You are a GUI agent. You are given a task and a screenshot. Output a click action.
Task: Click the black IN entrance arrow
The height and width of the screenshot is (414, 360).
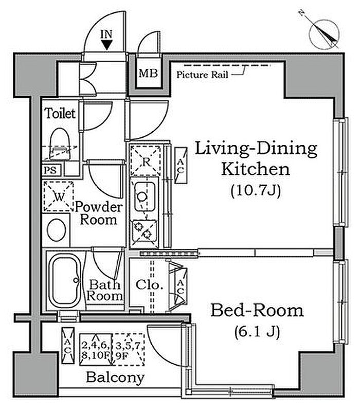(x=106, y=45)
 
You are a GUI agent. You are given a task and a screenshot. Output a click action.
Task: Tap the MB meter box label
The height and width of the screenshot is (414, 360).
(x=148, y=73)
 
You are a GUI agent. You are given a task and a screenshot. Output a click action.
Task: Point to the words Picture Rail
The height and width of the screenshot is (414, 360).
(x=202, y=75)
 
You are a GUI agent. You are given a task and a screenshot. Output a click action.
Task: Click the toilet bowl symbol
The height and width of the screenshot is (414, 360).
(x=60, y=144)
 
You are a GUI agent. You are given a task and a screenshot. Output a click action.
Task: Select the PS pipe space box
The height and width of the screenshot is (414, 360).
(x=52, y=170)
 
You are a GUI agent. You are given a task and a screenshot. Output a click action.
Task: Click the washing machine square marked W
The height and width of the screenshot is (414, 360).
(x=58, y=196)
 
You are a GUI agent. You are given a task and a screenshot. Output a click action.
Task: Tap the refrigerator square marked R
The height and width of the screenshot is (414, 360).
(x=146, y=161)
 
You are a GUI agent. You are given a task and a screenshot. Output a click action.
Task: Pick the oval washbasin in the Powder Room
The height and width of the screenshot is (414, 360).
(x=57, y=230)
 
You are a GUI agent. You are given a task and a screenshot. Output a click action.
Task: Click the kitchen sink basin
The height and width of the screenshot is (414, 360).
(x=145, y=196)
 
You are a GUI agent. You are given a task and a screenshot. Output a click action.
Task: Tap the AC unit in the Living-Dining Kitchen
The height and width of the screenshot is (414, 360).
(x=181, y=166)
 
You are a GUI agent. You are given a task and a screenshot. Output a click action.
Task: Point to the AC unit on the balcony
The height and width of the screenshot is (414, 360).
(x=68, y=346)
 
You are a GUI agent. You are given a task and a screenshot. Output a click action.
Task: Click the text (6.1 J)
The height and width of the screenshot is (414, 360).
(x=257, y=332)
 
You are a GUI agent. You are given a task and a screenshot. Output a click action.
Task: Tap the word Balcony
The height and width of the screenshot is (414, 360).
(x=115, y=377)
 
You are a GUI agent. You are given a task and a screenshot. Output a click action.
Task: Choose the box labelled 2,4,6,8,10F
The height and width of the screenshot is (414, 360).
(x=96, y=349)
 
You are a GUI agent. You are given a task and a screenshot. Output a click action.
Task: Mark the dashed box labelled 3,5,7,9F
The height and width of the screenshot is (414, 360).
(x=129, y=349)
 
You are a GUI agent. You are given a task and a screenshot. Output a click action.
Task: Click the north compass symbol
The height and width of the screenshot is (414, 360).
(x=324, y=34)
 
